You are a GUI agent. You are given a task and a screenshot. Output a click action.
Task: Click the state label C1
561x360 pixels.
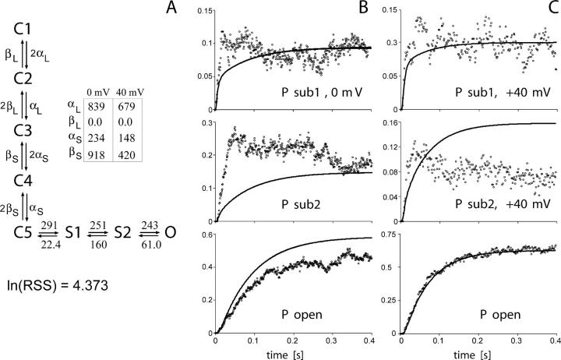[23, 30]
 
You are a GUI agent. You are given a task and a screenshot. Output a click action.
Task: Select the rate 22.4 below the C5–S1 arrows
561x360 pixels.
[51, 243]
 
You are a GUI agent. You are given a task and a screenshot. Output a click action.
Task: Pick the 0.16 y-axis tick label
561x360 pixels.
[387, 122]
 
